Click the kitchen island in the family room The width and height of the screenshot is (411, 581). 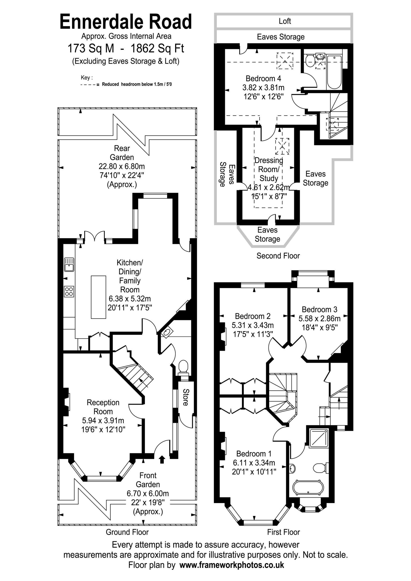click(x=99, y=297)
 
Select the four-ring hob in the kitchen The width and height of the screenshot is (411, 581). click(x=69, y=291)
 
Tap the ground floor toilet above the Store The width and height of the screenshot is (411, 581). click(x=183, y=368)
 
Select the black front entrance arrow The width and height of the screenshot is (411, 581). click(x=162, y=459)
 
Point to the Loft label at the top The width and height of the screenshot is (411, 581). click(x=285, y=21)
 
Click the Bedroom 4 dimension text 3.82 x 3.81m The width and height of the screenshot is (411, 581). click(x=263, y=88)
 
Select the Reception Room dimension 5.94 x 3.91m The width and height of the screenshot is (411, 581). click(x=103, y=421)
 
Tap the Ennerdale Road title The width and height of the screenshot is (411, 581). click(x=126, y=22)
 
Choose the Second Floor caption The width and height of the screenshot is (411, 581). click(x=278, y=256)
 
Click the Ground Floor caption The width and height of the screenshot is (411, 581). click(x=127, y=532)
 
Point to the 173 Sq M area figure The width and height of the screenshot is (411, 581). click(x=91, y=48)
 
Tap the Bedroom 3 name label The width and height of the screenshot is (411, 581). click(x=319, y=310)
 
